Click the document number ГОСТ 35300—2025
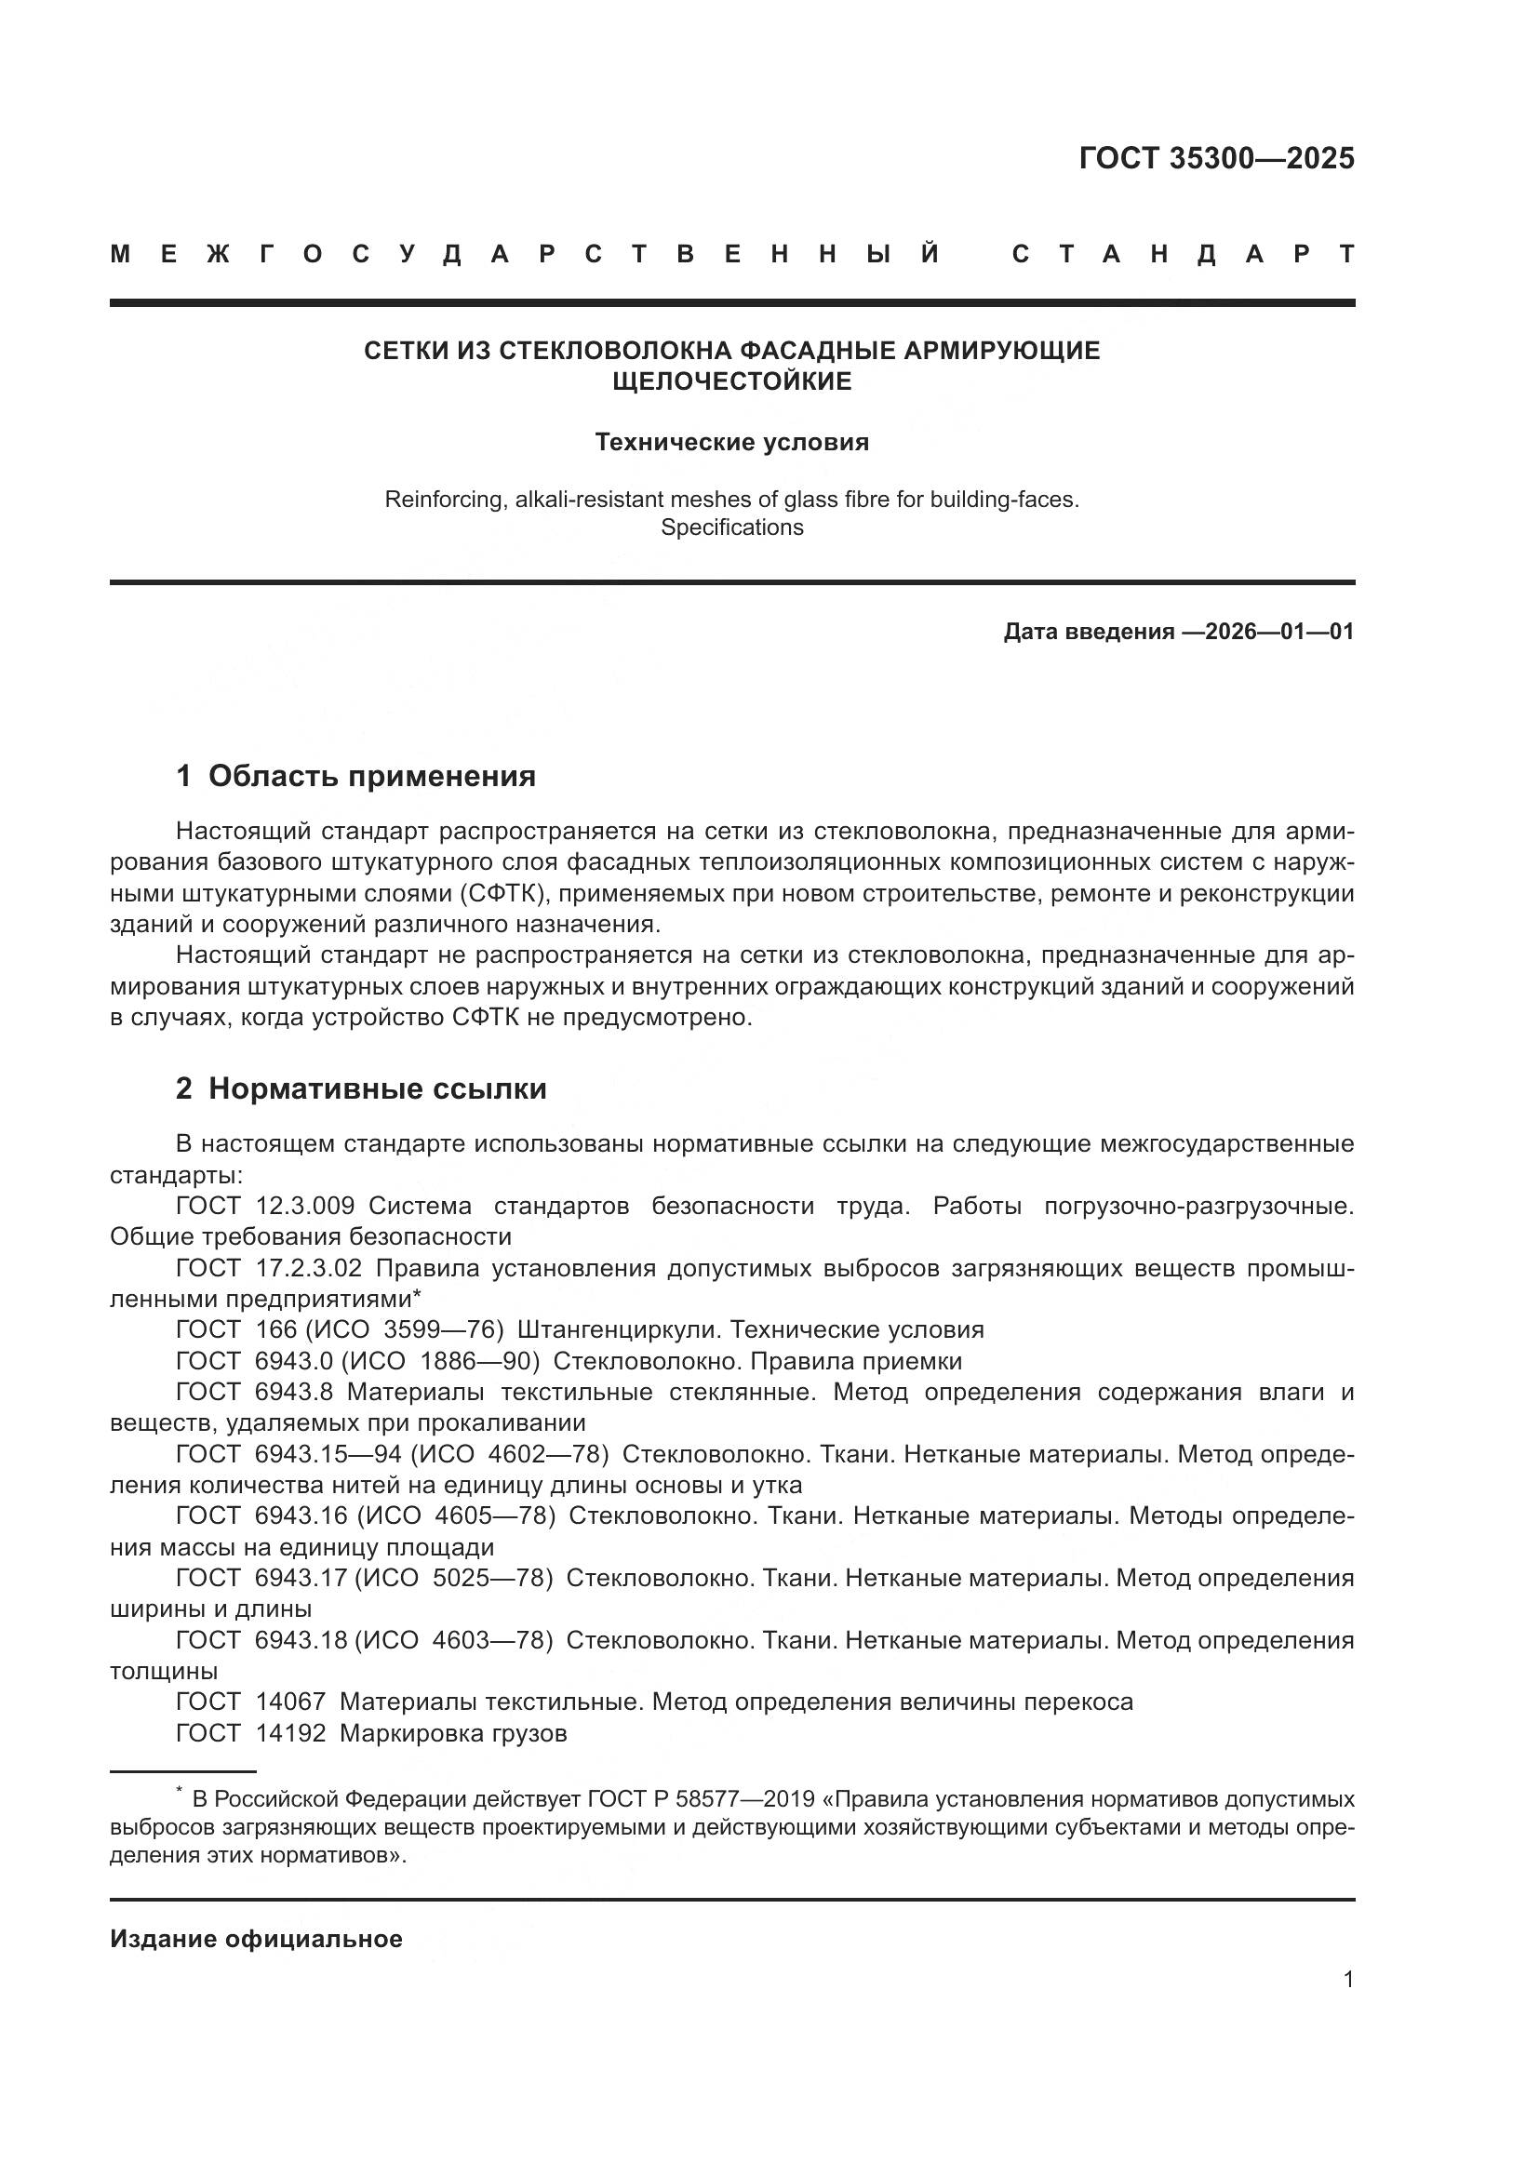[x=1216, y=158]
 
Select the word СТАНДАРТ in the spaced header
[x=1183, y=254]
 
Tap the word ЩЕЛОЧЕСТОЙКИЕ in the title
[x=731, y=381]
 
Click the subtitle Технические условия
[x=731, y=443]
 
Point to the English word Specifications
[x=731, y=527]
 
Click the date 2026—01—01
[x=1279, y=631]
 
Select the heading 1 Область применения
[x=355, y=776]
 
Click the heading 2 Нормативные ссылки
[x=361, y=1089]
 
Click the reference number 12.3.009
[x=305, y=1206]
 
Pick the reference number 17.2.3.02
[x=309, y=1268]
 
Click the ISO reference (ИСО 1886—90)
[x=440, y=1361]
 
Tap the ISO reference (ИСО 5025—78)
[x=453, y=1578]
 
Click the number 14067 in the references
[x=290, y=1702]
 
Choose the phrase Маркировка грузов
[x=453, y=1732]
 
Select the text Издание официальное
[x=256, y=1938]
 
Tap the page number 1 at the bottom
[x=1348, y=1979]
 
